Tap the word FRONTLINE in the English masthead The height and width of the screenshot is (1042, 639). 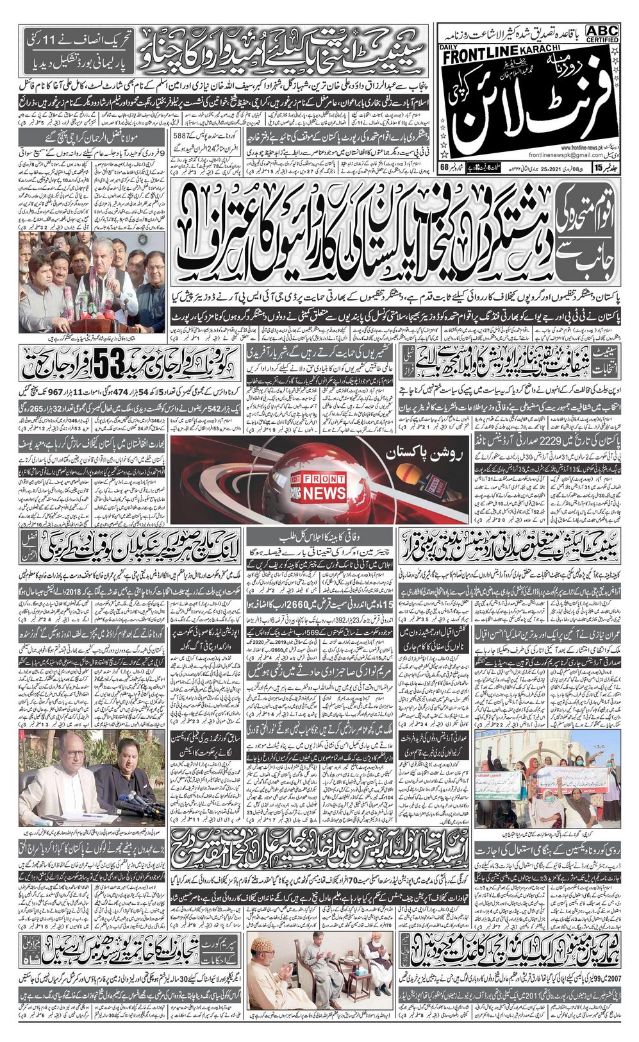[480, 58]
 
